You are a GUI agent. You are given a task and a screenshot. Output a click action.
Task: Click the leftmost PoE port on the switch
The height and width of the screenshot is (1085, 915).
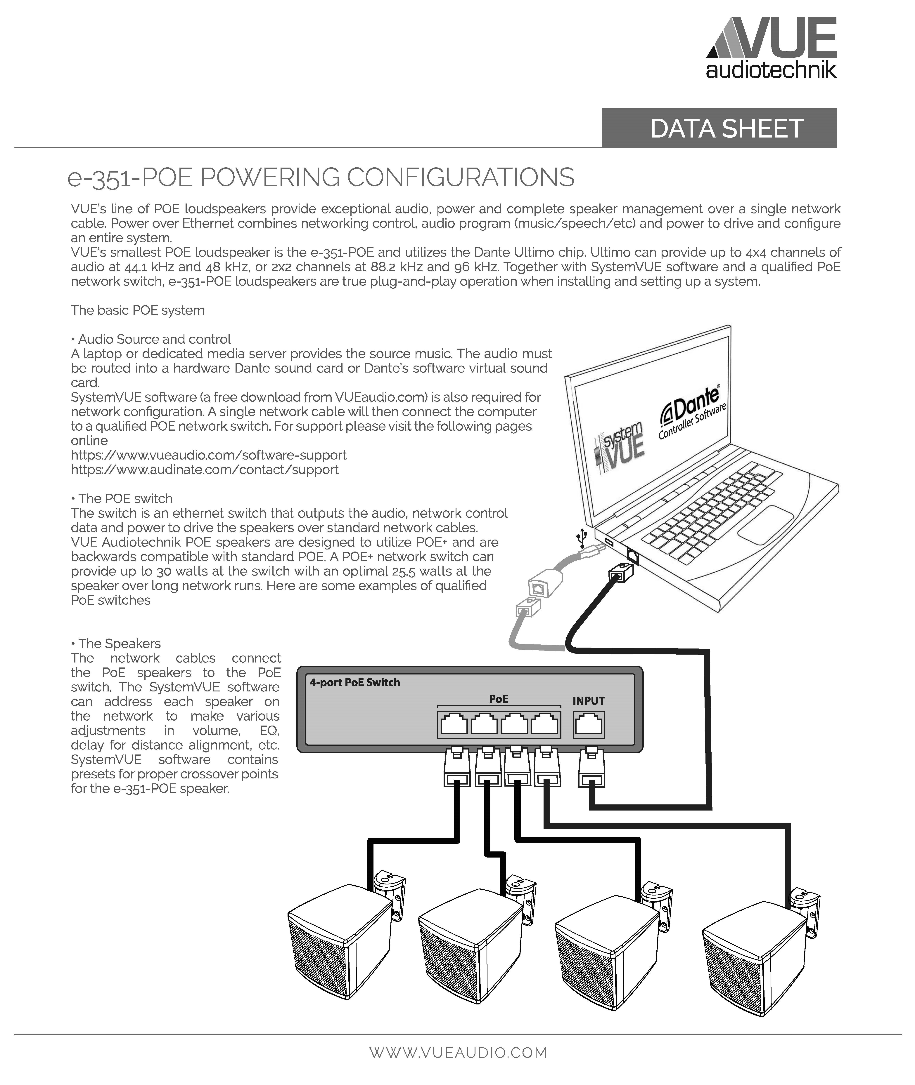click(x=453, y=724)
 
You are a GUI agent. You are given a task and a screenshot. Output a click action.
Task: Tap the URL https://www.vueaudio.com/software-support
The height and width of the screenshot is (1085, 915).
click(x=209, y=455)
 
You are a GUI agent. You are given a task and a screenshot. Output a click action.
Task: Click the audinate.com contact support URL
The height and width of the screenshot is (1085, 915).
click(x=205, y=470)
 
